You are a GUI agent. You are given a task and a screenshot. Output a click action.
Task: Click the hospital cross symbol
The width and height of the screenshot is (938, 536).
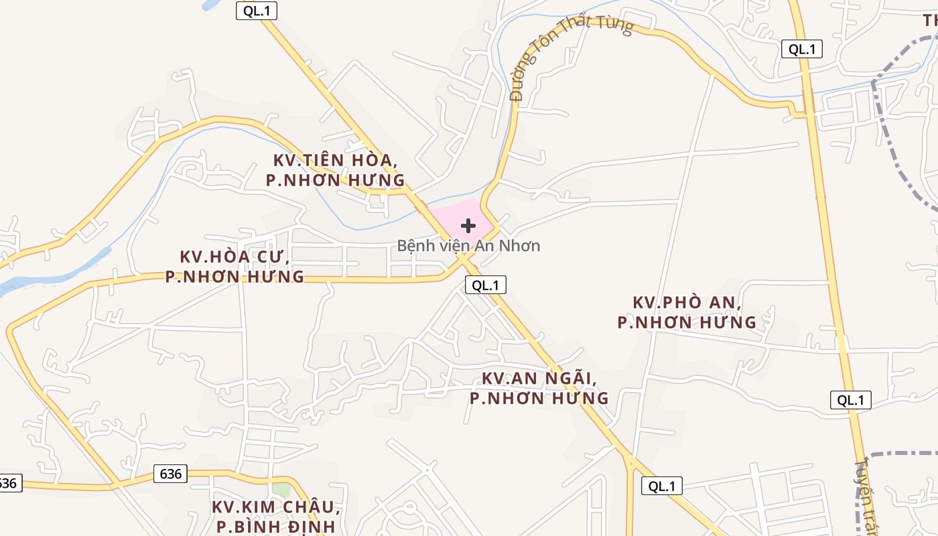click(468, 226)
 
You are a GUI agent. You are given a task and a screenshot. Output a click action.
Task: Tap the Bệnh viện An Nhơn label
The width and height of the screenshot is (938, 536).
click(468, 246)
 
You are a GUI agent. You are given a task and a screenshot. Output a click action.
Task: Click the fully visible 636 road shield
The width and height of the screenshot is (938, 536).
click(171, 474)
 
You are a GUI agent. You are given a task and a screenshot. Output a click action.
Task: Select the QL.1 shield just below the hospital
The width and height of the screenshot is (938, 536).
click(486, 285)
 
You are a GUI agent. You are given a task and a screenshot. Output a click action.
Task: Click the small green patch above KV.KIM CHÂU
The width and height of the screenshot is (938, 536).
click(281, 490)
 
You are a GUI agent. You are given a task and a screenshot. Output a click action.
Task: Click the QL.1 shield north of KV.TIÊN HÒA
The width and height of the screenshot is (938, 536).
click(257, 11)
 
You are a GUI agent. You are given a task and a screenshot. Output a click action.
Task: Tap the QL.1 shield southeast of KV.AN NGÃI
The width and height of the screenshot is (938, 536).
click(662, 486)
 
